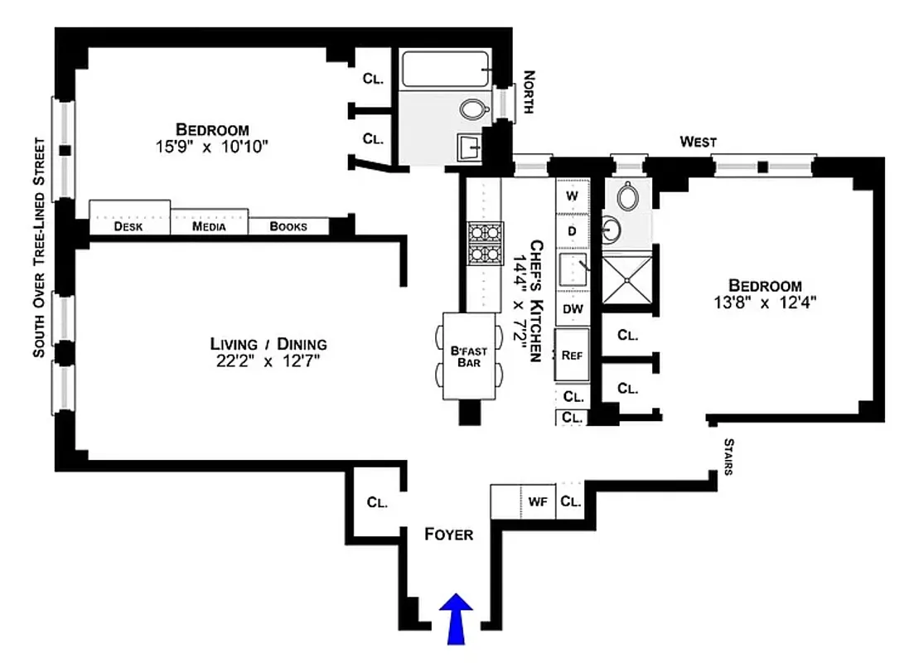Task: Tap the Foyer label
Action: click(448, 535)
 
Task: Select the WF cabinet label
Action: click(539, 501)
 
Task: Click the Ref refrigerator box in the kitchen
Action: click(572, 355)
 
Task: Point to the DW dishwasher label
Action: click(573, 308)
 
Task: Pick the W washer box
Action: click(572, 196)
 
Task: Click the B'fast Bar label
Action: click(469, 356)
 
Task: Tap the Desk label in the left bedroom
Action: click(128, 226)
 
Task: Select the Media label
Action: click(209, 226)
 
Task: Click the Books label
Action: click(288, 226)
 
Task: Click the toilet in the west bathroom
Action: click(627, 196)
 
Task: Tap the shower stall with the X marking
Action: click(627, 280)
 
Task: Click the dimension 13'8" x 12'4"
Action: click(765, 302)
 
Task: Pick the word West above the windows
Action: click(698, 143)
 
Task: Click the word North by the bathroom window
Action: click(530, 93)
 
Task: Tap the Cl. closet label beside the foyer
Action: click(377, 502)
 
